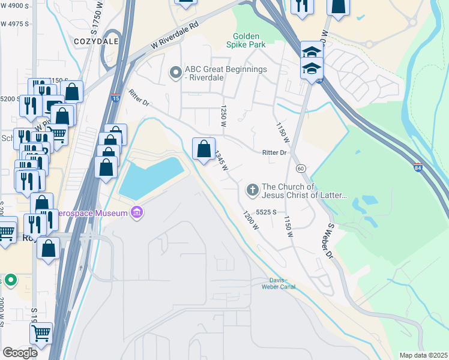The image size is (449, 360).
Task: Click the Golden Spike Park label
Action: [x=246, y=40]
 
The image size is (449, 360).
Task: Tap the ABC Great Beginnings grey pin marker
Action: [x=175, y=73]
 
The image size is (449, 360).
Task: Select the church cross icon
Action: [x=252, y=190]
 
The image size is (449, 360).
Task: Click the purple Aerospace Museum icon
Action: [x=137, y=213]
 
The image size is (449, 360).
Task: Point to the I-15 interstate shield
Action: [x=115, y=98]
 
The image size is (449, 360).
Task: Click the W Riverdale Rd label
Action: [x=174, y=36]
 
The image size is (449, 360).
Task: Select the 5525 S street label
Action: [x=265, y=212]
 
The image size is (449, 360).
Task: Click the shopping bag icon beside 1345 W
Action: [x=203, y=148]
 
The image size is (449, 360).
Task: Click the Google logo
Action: [x=20, y=353]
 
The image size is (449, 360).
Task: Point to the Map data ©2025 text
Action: [x=423, y=355]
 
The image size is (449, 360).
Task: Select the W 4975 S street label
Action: [x=15, y=24]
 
